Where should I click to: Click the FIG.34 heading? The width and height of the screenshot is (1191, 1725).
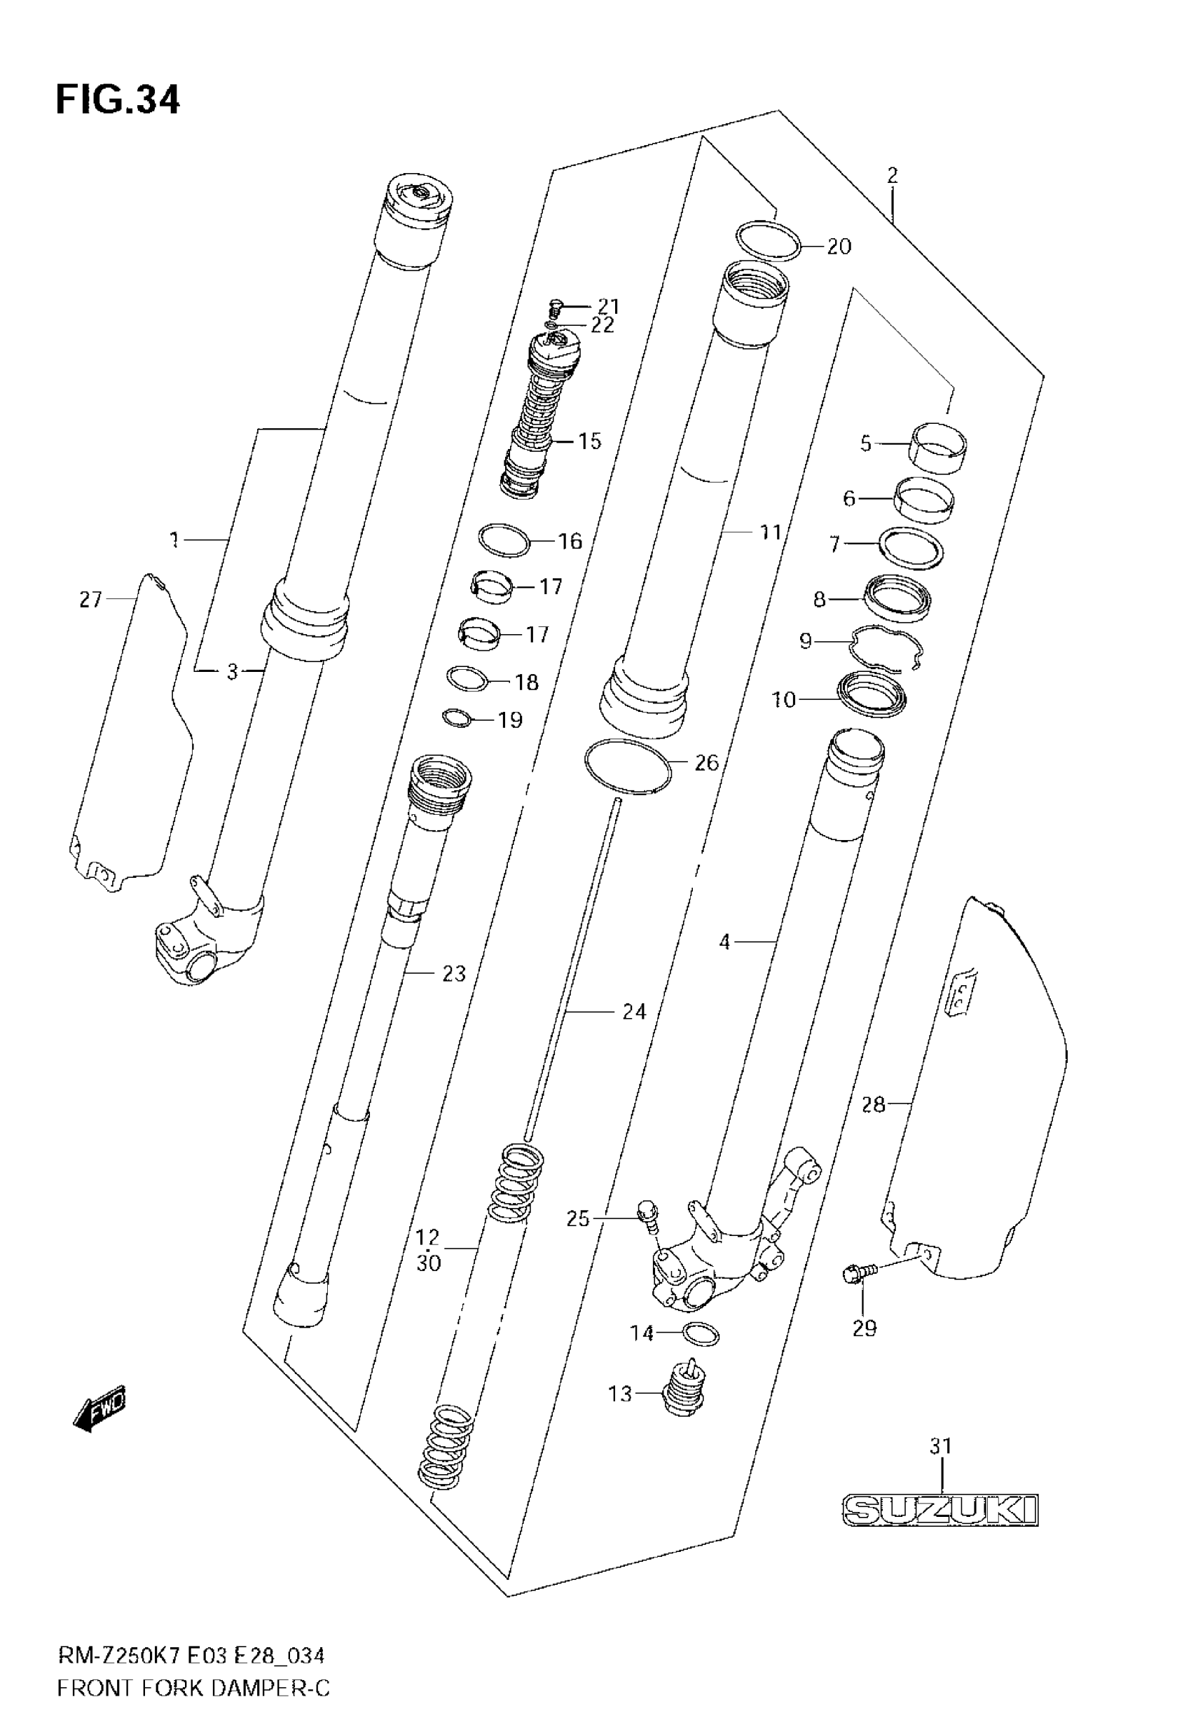coord(118,100)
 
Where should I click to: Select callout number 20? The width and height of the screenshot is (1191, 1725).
coord(839,247)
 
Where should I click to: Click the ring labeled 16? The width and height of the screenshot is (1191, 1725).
coord(504,540)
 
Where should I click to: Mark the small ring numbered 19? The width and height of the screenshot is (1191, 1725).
coord(457,718)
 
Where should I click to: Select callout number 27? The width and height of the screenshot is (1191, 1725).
coord(90,599)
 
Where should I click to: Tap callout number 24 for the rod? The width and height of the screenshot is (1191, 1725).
coord(633,1012)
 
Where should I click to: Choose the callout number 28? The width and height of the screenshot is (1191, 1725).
coord(873,1104)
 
